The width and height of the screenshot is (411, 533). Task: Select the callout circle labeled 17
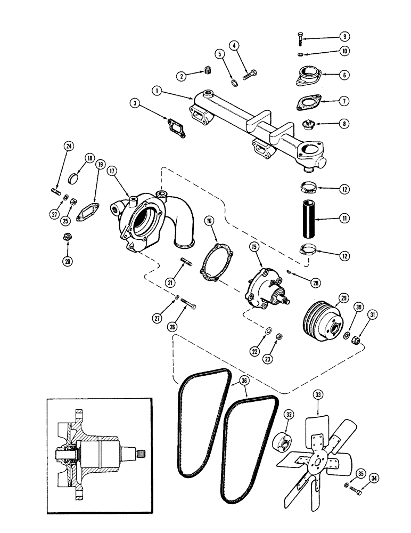coord(112,172)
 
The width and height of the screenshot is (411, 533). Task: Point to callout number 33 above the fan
coord(318,395)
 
